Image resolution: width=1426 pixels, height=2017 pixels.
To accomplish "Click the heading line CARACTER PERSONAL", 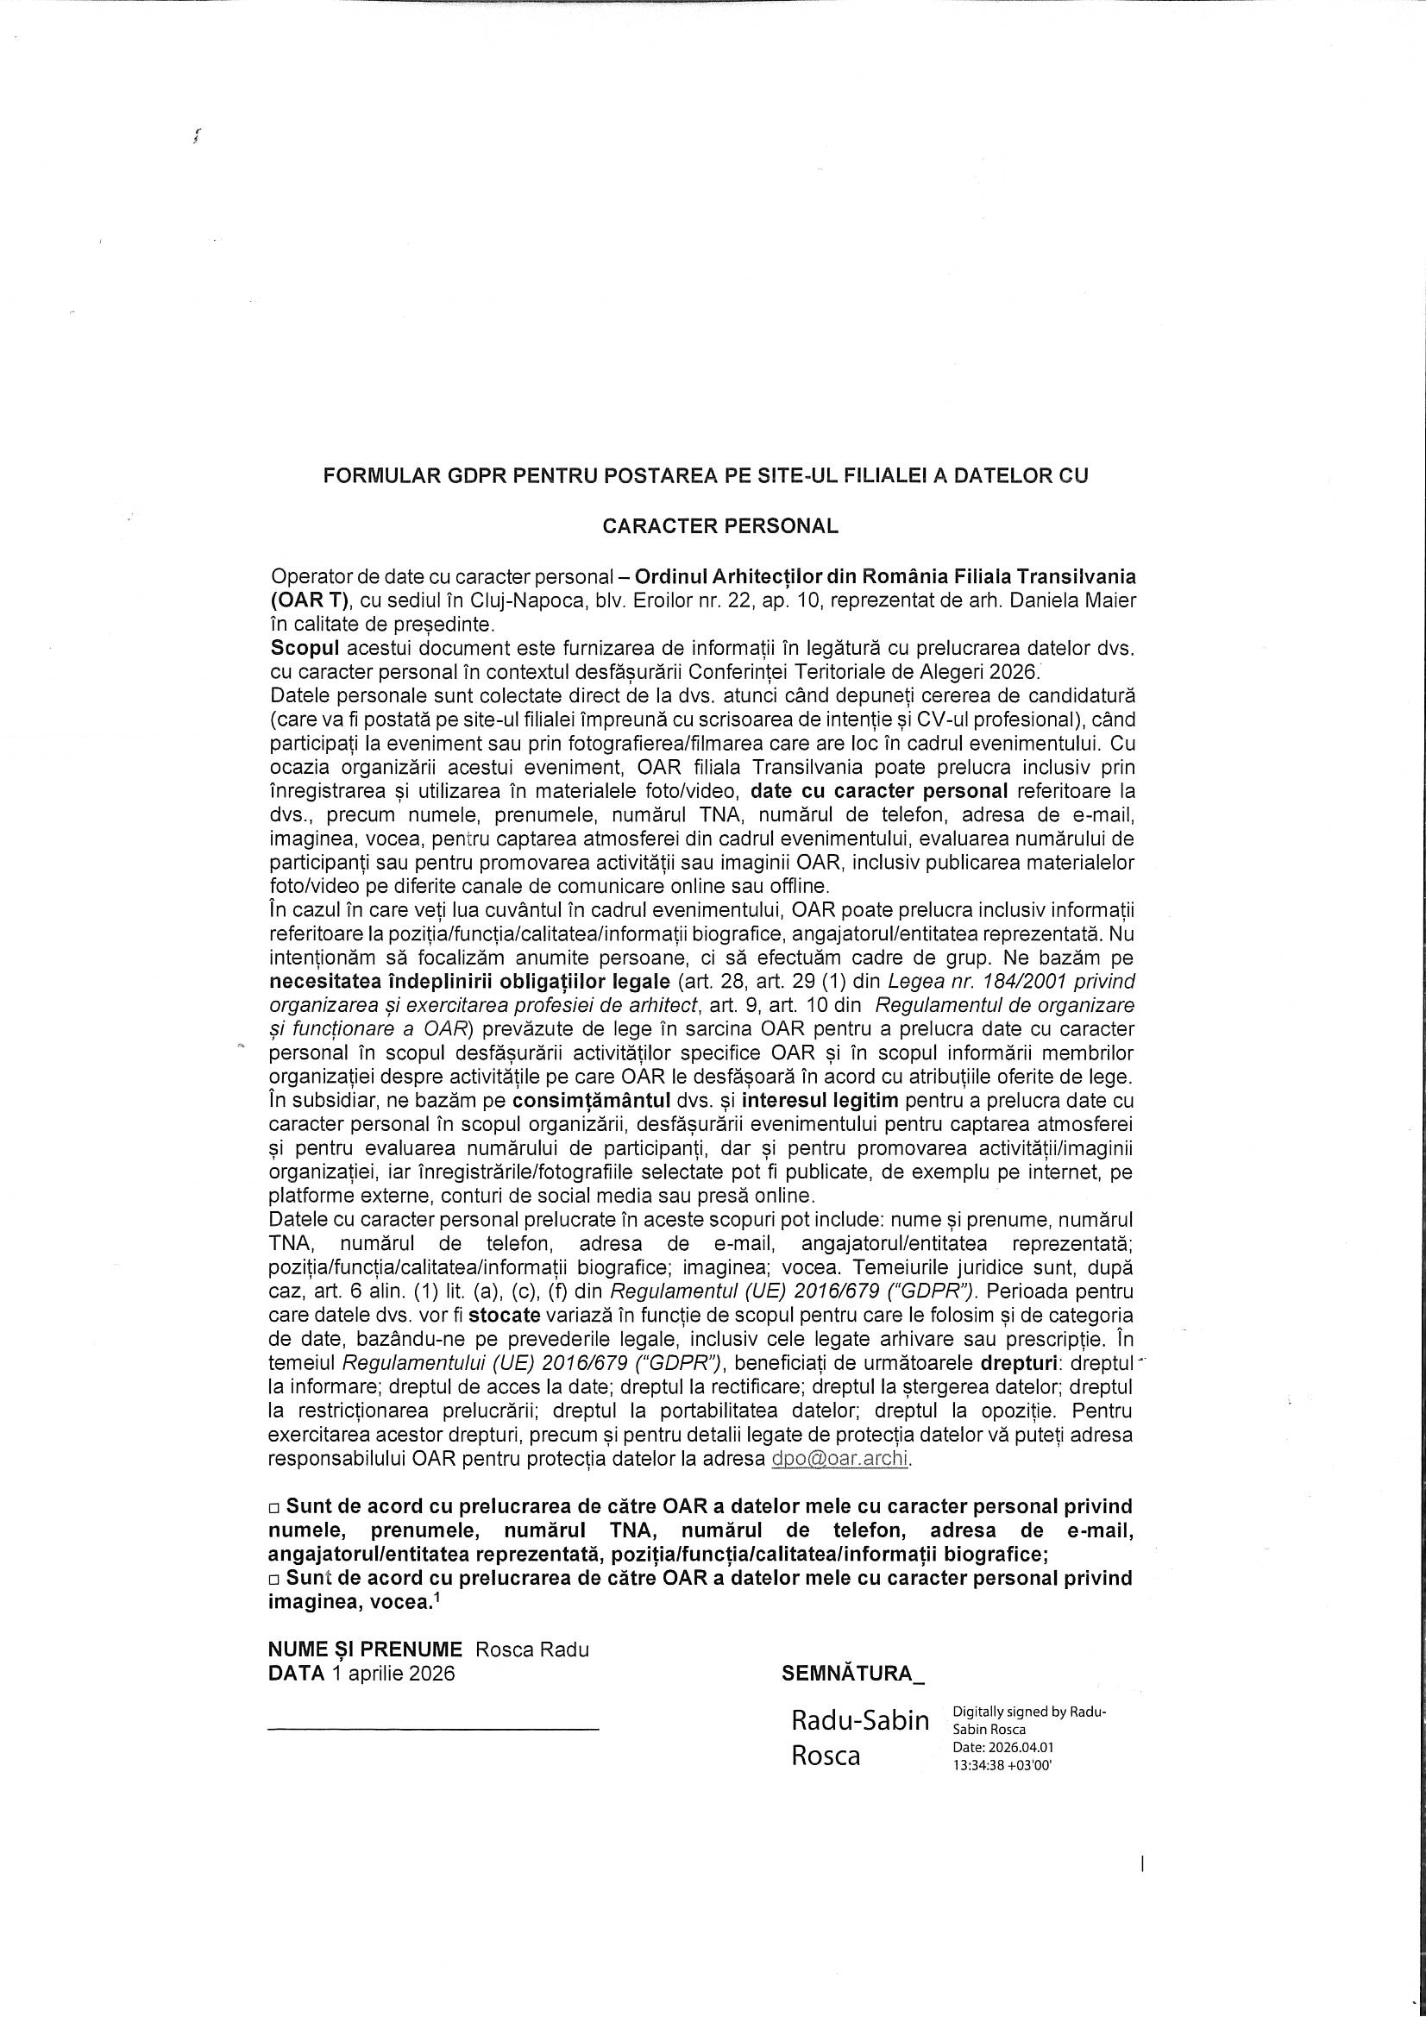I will (719, 526).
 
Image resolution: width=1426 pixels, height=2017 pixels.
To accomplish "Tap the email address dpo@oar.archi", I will (840, 1459).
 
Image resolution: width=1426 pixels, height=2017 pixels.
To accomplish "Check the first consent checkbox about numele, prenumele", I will (274, 1508).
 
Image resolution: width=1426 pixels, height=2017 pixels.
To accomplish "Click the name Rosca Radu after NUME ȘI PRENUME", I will (532, 1649).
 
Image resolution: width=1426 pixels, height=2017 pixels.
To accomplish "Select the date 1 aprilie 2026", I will (393, 1673).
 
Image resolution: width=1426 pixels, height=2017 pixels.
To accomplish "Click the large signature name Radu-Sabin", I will (860, 1721).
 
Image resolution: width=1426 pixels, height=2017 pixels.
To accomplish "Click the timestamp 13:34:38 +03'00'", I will (1002, 1763).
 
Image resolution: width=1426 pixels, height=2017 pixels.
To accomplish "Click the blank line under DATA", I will (433, 1729).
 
